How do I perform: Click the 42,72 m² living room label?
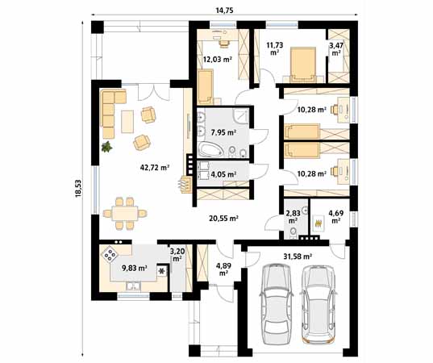153,168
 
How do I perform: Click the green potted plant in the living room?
106,146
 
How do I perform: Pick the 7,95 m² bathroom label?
222,131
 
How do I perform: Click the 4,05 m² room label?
223,173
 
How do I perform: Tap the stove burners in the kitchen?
109,256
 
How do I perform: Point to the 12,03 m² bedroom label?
218,60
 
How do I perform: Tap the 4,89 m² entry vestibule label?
223,268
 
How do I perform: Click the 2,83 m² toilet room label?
292,215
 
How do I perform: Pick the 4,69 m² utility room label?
336,215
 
